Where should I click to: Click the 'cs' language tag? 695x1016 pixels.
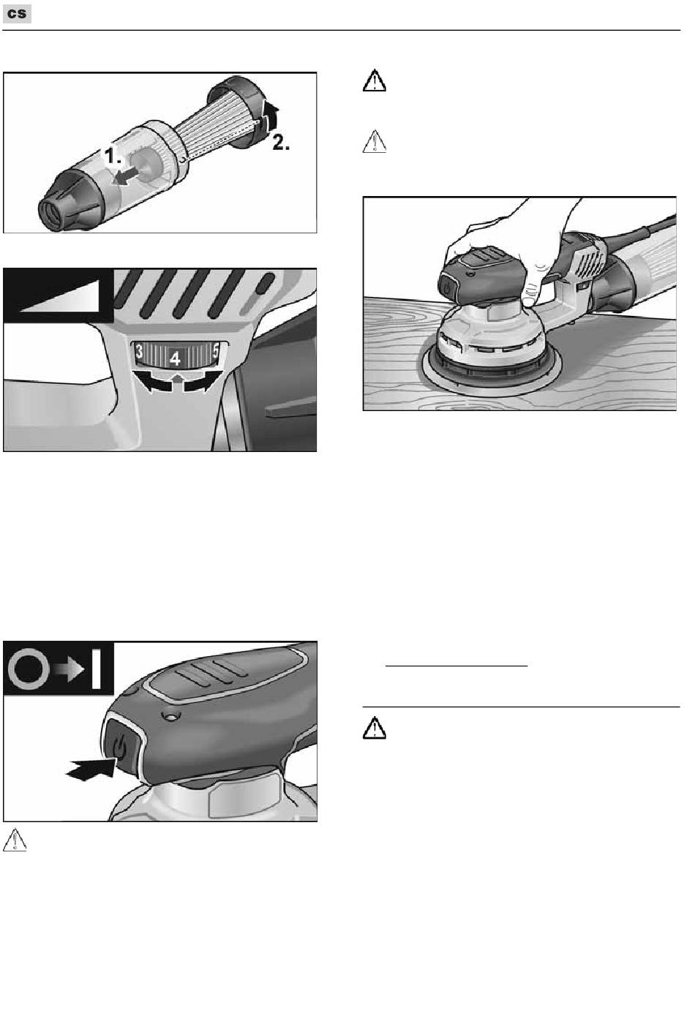(17, 14)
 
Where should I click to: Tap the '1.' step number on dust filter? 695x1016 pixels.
(113, 156)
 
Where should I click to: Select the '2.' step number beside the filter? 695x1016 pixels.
(281, 143)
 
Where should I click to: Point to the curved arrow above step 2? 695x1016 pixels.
(271, 118)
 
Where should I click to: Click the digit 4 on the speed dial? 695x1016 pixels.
(175, 358)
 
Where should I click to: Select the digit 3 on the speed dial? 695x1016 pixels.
(139, 352)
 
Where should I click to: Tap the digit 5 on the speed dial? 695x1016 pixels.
(216, 351)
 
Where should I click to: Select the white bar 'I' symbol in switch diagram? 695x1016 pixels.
(96, 669)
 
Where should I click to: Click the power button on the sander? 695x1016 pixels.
(119, 747)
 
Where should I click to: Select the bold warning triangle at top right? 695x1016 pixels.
(375, 80)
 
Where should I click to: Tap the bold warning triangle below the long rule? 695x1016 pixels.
(375, 728)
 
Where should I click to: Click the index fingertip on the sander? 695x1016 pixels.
(527, 299)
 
